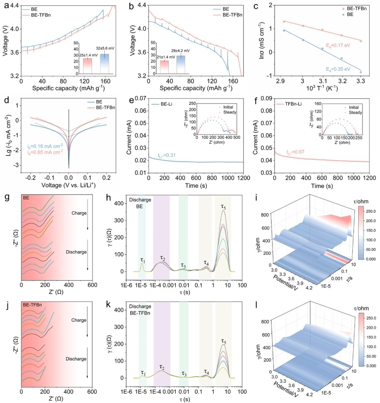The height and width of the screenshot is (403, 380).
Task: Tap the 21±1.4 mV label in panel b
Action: pos(160,57)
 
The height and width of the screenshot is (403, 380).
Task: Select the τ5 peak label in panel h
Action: pos(225,205)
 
